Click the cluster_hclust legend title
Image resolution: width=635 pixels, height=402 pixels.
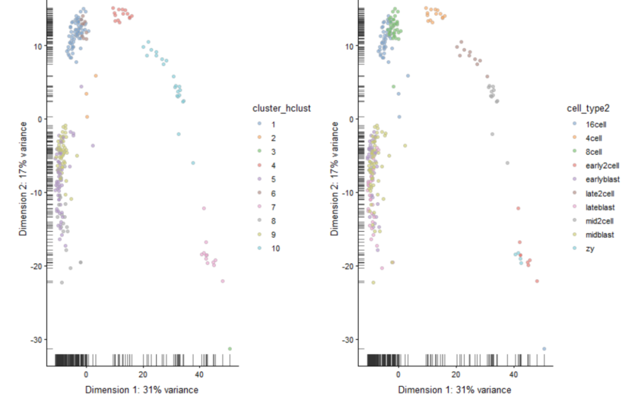point(282,108)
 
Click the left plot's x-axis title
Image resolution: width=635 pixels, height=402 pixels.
point(142,390)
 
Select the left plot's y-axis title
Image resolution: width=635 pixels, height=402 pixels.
point(23,179)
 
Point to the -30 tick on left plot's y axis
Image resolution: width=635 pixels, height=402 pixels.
point(36,340)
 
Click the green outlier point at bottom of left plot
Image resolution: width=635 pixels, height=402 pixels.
point(230,349)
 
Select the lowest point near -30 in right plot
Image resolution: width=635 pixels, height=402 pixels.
point(544,349)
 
